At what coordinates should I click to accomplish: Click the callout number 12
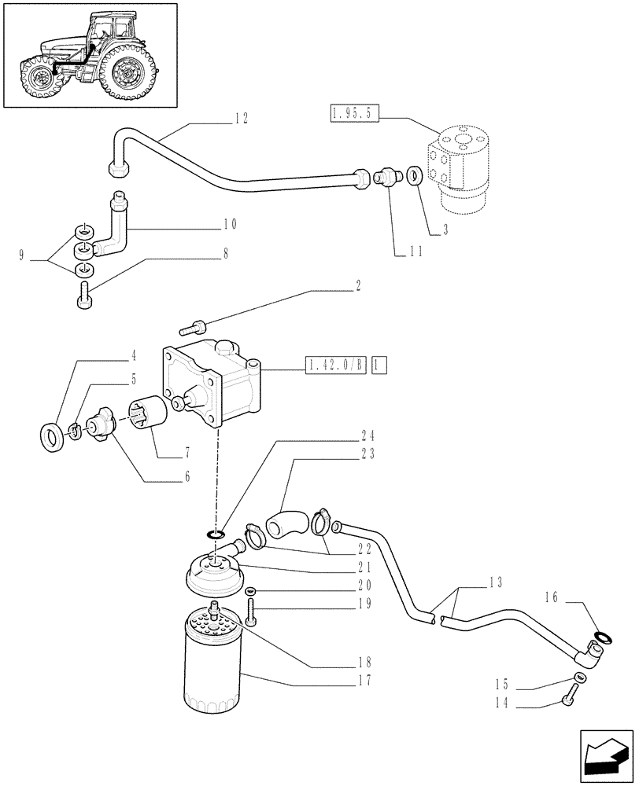[242, 119]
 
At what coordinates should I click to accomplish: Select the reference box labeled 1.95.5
[354, 115]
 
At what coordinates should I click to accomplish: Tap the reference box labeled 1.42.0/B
[336, 365]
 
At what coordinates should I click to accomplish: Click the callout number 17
[364, 680]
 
